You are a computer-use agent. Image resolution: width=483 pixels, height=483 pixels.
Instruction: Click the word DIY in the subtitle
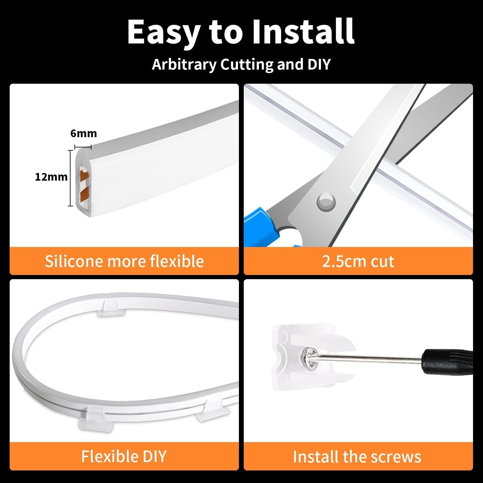pos(319,64)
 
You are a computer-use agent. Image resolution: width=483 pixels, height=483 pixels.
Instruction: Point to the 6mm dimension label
pos(83,133)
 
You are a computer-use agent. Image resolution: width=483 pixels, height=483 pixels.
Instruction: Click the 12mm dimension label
pos(51,177)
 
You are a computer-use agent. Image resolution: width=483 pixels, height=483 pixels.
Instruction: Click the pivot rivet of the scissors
pos(326,202)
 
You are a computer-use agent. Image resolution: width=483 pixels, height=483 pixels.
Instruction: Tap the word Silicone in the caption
pos(74,261)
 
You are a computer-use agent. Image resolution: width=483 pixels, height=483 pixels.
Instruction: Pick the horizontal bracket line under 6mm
pos(83,147)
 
